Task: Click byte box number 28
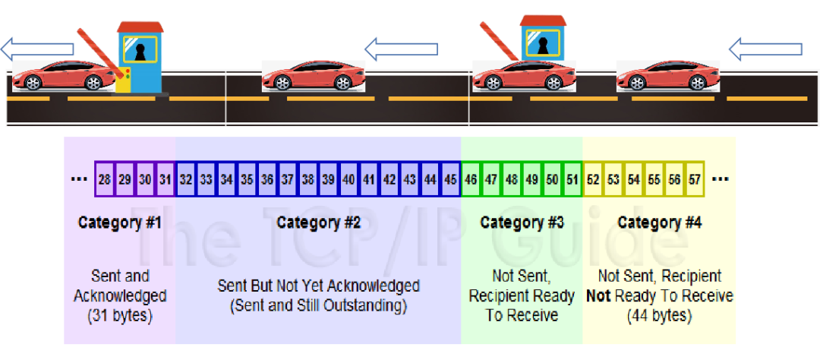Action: tap(105, 180)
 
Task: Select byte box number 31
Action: tap(166, 180)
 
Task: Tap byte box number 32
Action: tap(186, 180)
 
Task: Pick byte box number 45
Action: tap(451, 180)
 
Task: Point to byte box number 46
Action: tap(471, 180)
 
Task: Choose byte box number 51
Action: tap(572, 180)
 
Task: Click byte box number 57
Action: tap(695, 180)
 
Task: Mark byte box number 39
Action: tap(328, 180)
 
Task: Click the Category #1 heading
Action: tap(120, 223)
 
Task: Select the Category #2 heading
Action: tap(318, 223)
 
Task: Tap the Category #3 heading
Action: tap(522, 223)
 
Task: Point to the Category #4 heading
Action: tap(659, 223)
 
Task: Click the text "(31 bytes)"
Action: tap(120, 315)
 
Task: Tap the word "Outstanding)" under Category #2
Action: tap(370, 306)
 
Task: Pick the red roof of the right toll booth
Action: tap(542, 19)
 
